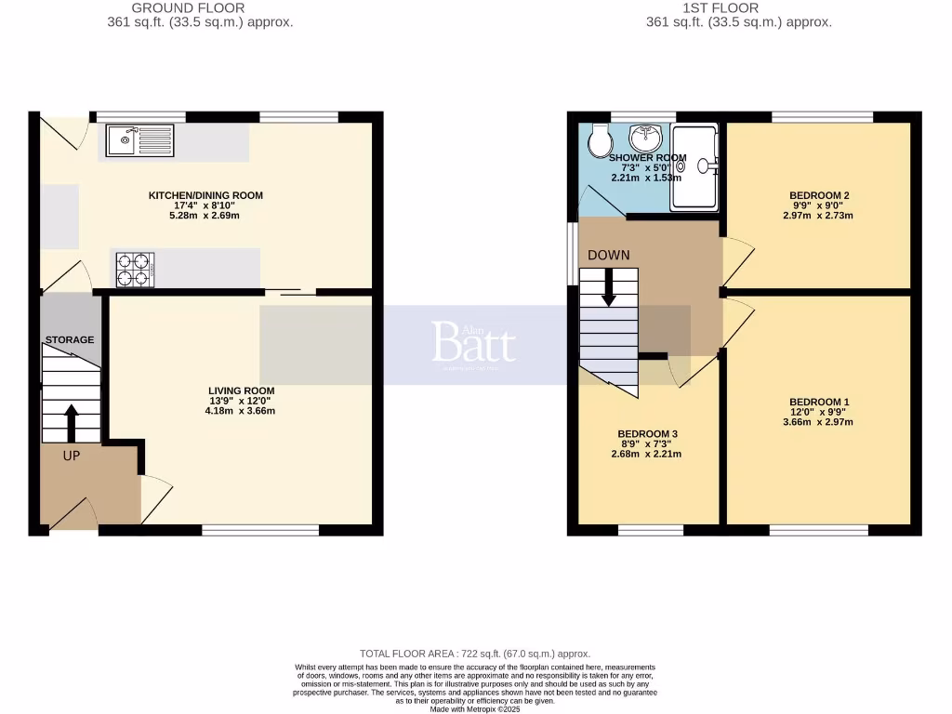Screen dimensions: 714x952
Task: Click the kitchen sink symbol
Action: [x=139, y=140]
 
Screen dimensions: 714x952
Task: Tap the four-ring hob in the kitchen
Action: [x=134, y=269]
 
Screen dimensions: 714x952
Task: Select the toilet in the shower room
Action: [x=600, y=139]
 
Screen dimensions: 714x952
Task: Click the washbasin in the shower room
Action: [x=645, y=138]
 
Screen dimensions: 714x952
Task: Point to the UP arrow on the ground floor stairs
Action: [x=71, y=422]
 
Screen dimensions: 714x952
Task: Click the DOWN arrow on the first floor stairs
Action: [x=609, y=286]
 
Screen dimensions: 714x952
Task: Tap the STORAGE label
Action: [x=70, y=340]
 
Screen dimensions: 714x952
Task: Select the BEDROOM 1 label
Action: [x=819, y=402]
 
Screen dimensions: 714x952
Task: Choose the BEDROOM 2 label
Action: [x=819, y=195]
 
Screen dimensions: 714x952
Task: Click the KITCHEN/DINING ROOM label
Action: [x=205, y=195]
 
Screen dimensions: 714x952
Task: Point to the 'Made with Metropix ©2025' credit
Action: [x=475, y=709]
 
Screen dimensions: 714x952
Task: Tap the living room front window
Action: [x=260, y=531]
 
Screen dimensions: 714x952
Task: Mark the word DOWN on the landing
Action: [x=608, y=255]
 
